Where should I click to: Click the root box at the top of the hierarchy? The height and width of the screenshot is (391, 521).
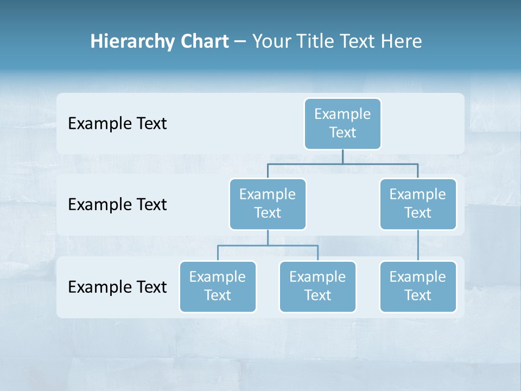click(x=342, y=124)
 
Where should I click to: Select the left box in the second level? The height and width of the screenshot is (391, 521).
click(x=268, y=204)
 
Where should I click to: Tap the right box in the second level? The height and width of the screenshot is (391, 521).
click(x=418, y=204)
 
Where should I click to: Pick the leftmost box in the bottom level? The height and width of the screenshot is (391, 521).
click(x=218, y=287)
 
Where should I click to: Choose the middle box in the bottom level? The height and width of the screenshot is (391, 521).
click(x=317, y=287)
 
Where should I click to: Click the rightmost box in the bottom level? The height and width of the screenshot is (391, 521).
click(x=418, y=287)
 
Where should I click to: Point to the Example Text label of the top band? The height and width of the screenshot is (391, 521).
click(x=117, y=124)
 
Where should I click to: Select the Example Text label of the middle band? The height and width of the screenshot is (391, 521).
click(x=117, y=205)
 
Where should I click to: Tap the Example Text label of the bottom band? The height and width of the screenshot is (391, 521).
click(x=117, y=287)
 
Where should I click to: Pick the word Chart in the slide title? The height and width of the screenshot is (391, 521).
click(x=202, y=41)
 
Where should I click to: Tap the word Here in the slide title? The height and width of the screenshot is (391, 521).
click(x=402, y=41)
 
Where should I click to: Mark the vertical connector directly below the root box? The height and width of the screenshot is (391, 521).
click(x=342, y=156)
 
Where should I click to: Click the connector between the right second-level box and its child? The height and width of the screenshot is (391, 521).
click(x=418, y=245)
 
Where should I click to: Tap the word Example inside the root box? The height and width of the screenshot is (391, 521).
click(x=342, y=114)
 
